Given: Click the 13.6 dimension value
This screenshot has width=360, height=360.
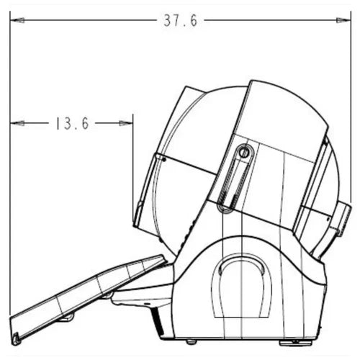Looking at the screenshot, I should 70,124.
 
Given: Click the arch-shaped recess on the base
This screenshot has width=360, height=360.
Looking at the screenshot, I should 246,287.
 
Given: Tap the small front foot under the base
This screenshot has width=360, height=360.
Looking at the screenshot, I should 191,341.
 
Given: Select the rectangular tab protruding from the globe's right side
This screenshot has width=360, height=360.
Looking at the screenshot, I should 341,220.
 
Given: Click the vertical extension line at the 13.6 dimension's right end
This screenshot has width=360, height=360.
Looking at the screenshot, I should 133,166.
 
